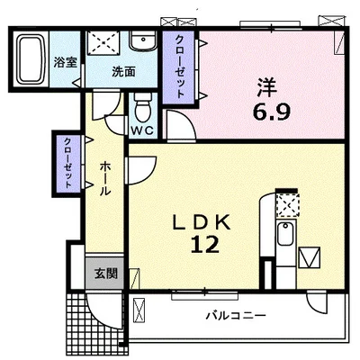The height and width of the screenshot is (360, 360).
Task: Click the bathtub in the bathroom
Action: (x=30, y=59)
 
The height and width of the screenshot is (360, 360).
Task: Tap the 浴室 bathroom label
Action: (x=66, y=62)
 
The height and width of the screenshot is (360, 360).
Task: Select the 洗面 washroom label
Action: (x=123, y=72)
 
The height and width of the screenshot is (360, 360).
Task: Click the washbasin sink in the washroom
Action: (x=143, y=40)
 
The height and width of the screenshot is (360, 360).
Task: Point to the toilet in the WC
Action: (x=143, y=107)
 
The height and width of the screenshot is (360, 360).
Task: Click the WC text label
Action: (x=143, y=130)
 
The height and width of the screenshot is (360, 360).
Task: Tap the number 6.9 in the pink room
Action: (x=272, y=112)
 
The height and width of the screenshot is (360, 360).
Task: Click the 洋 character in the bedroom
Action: (x=266, y=87)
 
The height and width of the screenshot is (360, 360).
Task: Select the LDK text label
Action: (x=202, y=222)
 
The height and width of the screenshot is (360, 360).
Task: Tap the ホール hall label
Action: (x=105, y=178)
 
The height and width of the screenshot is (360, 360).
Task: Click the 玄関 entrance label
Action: (x=105, y=273)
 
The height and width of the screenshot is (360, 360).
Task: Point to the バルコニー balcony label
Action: (x=236, y=316)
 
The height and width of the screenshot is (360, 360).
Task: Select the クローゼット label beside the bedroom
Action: (x=180, y=67)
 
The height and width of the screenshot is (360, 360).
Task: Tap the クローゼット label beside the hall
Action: (x=68, y=163)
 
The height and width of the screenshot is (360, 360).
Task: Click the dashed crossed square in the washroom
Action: (x=103, y=43)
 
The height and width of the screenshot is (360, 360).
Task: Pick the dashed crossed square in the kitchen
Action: (x=287, y=205)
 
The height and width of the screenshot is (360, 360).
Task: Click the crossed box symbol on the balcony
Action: (x=139, y=310)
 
